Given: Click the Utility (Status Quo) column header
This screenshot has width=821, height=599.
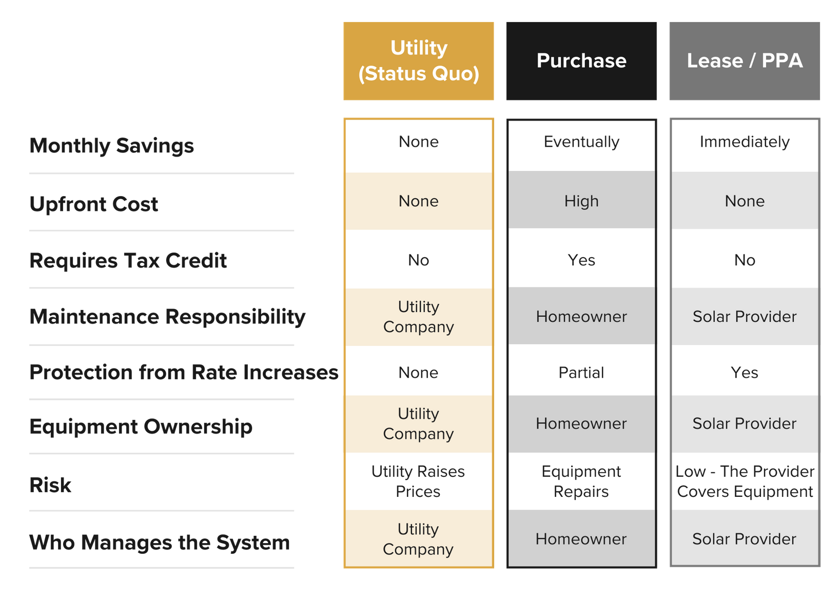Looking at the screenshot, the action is click(x=419, y=61).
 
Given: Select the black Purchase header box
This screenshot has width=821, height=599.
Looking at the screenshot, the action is click(x=581, y=61).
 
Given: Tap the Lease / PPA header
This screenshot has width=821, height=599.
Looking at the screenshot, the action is click(x=745, y=61).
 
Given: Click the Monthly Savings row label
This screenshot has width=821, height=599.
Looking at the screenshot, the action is click(x=111, y=146).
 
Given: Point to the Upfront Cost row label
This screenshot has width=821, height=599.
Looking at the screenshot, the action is click(x=94, y=204).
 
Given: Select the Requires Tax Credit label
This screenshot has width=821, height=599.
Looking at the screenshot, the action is click(x=128, y=261).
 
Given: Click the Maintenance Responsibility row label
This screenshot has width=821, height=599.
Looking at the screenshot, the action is click(x=167, y=317).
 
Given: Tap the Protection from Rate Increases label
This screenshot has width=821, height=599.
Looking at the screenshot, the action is click(x=184, y=373).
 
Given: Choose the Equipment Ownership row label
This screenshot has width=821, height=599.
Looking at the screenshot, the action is click(x=141, y=427).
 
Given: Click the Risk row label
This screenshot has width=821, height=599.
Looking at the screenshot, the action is click(x=50, y=485).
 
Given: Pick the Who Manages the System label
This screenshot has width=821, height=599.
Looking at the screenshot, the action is click(x=160, y=543).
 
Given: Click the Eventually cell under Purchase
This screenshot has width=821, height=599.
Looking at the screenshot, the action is click(x=581, y=142).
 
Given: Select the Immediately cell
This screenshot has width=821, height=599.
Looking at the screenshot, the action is click(x=745, y=142).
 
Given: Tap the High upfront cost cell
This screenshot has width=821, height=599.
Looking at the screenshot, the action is click(x=581, y=201).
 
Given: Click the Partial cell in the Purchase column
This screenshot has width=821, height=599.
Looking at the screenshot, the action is click(x=581, y=373).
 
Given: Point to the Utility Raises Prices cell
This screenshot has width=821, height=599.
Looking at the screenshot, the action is click(x=418, y=481).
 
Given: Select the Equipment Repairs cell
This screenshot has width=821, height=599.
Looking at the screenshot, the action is click(x=581, y=481).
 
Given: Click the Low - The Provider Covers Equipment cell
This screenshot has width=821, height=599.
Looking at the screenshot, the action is click(x=745, y=481).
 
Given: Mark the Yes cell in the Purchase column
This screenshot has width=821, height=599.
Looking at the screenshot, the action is click(x=581, y=260).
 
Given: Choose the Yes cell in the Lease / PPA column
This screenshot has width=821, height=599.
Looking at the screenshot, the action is click(x=745, y=373).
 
